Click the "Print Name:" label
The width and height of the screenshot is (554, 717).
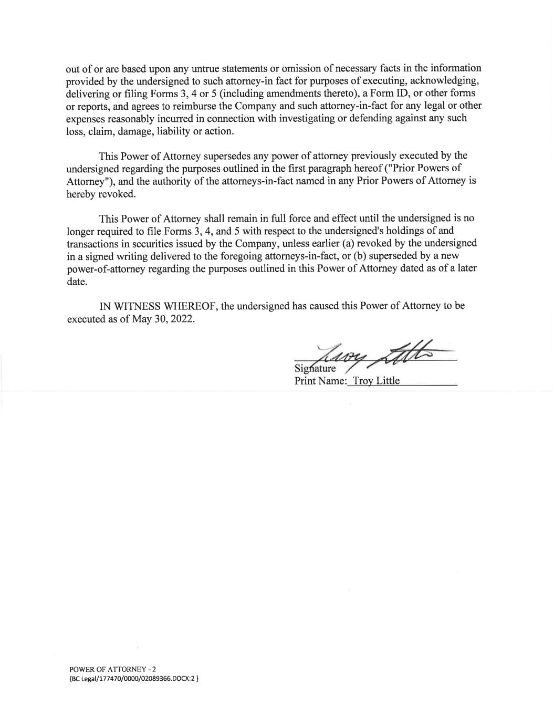tap(320, 381)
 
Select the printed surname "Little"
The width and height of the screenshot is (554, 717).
tap(386, 381)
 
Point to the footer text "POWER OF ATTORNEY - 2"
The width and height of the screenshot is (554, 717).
tap(112, 669)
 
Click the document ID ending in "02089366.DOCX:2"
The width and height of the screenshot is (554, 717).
tap(133, 678)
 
